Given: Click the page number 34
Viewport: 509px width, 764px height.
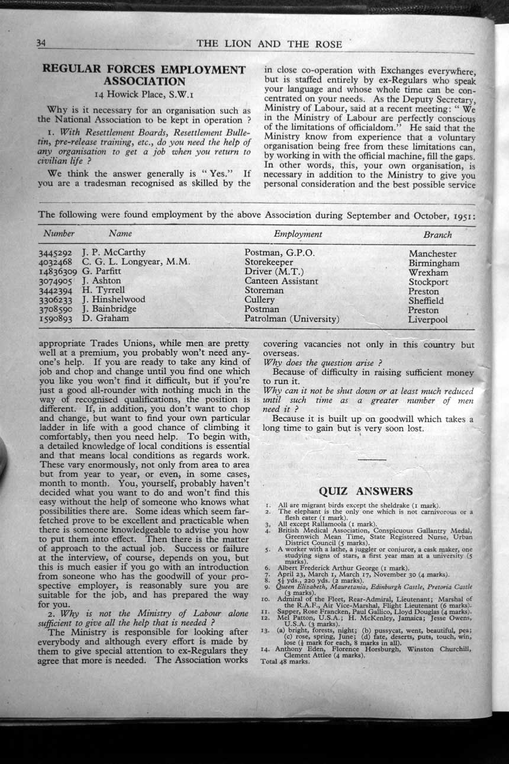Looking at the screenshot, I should (41, 43).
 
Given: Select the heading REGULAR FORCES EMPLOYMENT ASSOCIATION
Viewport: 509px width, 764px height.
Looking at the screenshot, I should (144, 75).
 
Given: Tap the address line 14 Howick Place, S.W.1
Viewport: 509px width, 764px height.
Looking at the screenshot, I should (144, 94).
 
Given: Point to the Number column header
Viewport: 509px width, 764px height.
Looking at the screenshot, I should (59, 234).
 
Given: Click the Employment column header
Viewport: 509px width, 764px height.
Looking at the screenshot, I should (298, 234).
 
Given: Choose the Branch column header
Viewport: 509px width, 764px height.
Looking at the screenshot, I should (437, 235).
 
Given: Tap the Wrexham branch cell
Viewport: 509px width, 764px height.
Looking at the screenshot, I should (428, 272).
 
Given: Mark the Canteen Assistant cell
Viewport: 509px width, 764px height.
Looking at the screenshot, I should (281, 281).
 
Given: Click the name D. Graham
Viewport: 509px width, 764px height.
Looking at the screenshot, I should (105, 318).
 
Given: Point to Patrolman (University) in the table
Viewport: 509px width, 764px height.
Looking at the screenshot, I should (292, 319).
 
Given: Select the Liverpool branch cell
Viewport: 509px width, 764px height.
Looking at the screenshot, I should (427, 319).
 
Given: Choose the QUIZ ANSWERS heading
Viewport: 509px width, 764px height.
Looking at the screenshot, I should (366, 490).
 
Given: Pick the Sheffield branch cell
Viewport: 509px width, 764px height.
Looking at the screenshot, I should (426, 300).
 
